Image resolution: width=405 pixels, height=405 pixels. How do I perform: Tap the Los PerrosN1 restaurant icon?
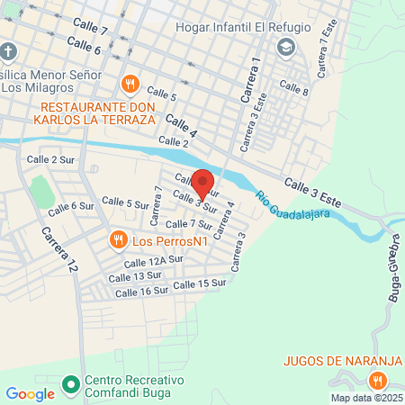coord(118,239)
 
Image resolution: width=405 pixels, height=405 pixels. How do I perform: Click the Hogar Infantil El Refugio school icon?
coord(286,48)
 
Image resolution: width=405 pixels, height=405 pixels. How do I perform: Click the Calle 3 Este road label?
coord(313,193)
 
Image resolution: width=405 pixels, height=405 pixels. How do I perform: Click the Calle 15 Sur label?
coord(198,284)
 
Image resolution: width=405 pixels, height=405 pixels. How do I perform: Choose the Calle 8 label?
coord(293,88)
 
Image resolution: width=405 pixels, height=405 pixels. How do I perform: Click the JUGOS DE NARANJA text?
coord(340,361)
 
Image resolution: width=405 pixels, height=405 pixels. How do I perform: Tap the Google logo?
coord(30,393)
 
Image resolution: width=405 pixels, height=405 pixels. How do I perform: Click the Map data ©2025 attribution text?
coord(366,398)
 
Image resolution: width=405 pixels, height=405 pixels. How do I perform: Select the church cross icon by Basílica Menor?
coord(8,51)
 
